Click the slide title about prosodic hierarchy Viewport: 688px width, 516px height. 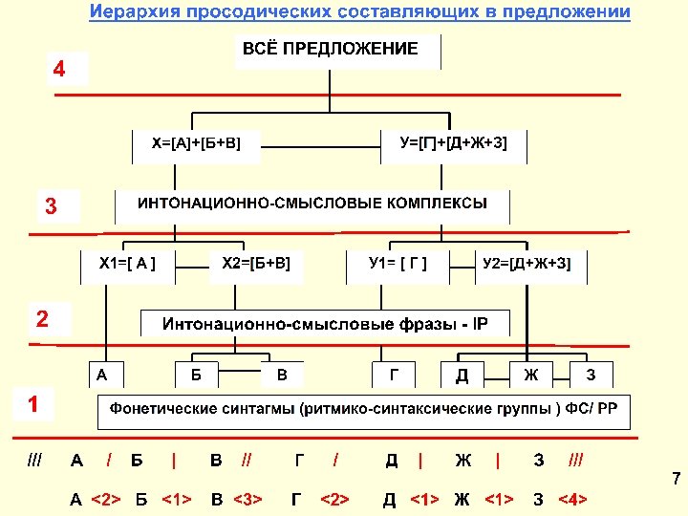tap(360, 12)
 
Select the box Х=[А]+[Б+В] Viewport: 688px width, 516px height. tap(196, 143)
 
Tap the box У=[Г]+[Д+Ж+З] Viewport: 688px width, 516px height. tap(454, 143)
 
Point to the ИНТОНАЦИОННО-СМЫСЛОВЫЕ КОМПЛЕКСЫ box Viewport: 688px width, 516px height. tap(312, 204)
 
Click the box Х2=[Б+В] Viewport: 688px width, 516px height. tap(256, 262)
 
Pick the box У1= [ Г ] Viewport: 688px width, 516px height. tap(398, 262)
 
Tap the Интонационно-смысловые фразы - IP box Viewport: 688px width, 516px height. tap(325, 324)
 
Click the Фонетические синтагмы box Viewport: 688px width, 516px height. tap(364, 412)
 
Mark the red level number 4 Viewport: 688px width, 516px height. tap(60, 70)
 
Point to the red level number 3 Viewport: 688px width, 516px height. tap(52, 205)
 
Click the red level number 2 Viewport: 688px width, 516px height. tap(42, 318)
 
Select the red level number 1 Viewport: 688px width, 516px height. tap(33, 404)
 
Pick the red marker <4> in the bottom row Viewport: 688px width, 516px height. tap(571, 499)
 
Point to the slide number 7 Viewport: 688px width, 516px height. tap(675, 478)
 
